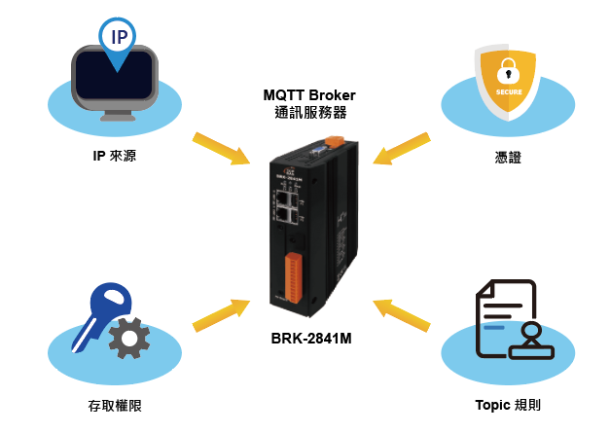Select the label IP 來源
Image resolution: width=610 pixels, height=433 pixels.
pos(114,156)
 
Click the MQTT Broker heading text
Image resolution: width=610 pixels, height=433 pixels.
pos(309,94)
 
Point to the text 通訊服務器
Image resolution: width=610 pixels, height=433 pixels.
pos(309,113)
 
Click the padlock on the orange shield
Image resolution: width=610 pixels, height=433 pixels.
pos(507,70)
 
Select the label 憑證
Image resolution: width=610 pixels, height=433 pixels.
pos(507,156)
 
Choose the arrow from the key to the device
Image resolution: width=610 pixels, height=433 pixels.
pos(220,314)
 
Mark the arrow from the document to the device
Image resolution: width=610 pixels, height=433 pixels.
pos(403,312)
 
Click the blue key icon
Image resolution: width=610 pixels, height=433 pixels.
pos(100,308)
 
